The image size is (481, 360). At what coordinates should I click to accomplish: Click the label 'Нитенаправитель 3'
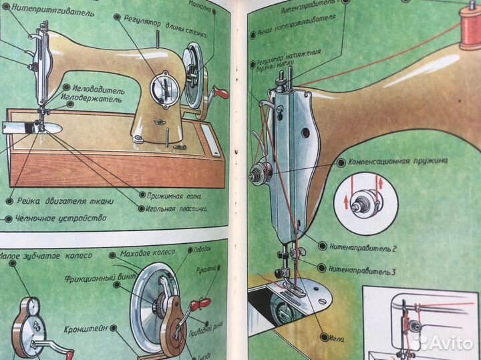(x=363, y=270)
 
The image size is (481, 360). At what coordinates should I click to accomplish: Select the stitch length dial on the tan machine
(x=162, y=88)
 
